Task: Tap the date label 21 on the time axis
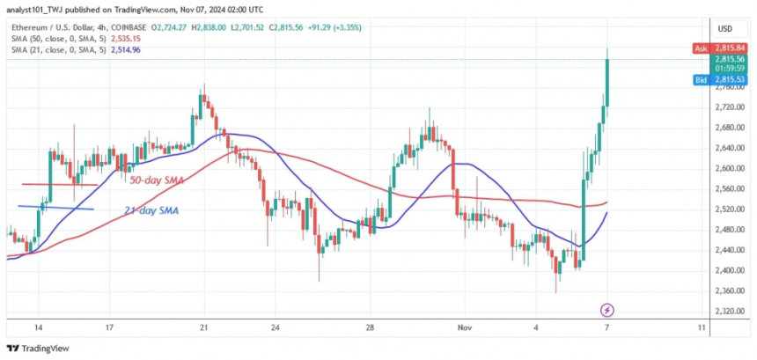point(203,327)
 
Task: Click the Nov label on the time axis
point(466,327)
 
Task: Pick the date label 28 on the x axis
point(371,327)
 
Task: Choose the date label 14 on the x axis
point(37,327)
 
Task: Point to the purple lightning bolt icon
point(606,310)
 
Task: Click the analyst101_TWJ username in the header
point(36,11)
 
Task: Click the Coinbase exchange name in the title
point(128,27)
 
